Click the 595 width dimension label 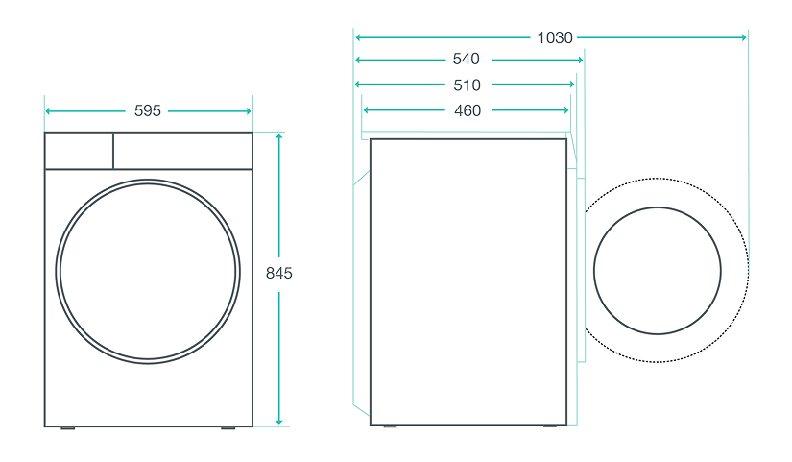[148, 110]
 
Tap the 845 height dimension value [278, 273]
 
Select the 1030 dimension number [555, 37]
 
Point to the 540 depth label [466, 60]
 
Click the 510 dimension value [467, 85]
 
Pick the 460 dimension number [468, 110]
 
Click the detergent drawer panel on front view [79, 151]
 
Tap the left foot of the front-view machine [68, 428]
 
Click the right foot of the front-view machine [228, 428]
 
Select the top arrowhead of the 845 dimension [278, 137]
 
